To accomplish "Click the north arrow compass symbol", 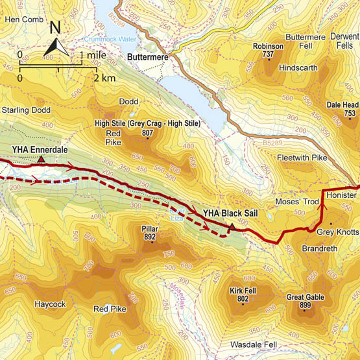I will [56, 40].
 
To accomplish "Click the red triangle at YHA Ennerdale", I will [41, 159].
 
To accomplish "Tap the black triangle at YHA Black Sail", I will [232, 226].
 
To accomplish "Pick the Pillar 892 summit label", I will [150, 234].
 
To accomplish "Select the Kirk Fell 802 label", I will [243, 295].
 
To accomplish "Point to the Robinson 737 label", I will [268, 51].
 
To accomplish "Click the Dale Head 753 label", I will [342, 108].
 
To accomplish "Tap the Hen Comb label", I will [23, 19].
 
